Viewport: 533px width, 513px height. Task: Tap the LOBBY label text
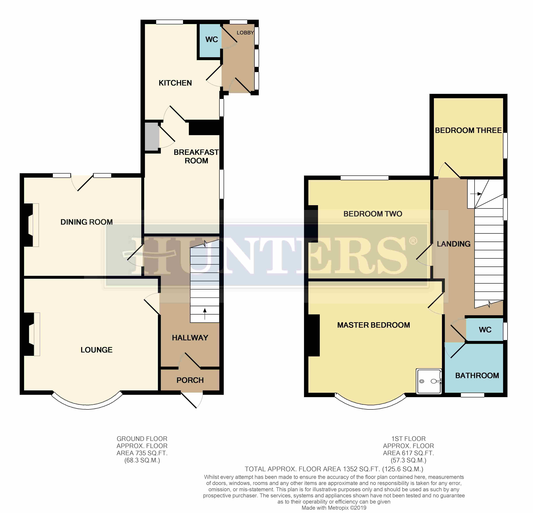pos(245,33)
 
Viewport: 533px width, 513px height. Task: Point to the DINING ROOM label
pos(87,222)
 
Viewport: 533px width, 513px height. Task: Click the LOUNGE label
pos(96,350)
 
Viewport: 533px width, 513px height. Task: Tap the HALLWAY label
pos(190,338)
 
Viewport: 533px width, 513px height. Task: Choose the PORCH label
pos(190,380)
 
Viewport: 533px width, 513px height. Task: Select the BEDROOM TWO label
pos(373,214)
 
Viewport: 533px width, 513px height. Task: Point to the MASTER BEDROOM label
pos(374,325)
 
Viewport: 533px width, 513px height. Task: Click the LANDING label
pos(454,244)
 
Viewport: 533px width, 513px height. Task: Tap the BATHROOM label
pos(477,376)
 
